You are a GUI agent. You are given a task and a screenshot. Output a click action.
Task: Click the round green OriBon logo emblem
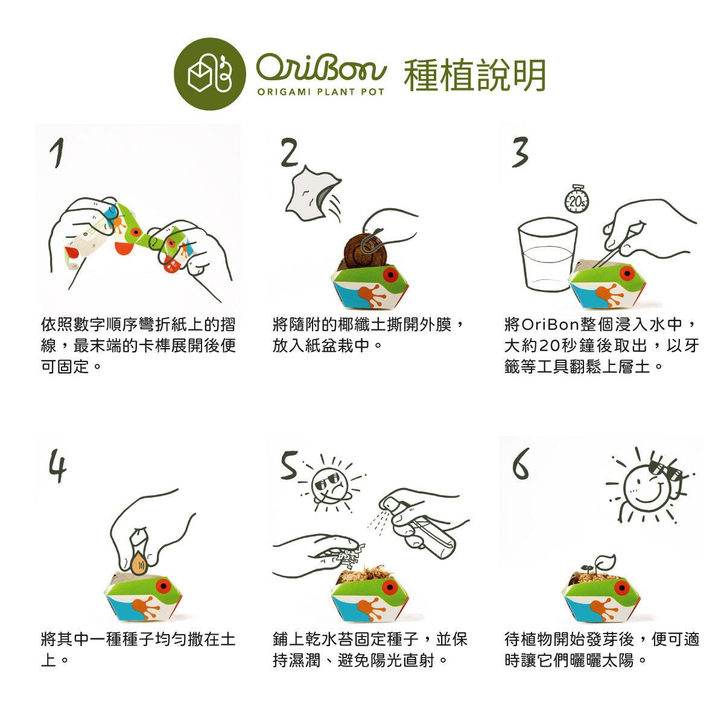pos(209,74)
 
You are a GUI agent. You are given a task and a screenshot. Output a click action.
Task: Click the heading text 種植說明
pos(475,75)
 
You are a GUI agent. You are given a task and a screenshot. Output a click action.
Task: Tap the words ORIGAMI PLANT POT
pos(321,92)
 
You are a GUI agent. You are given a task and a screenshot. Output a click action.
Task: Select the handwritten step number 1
pos(57,153)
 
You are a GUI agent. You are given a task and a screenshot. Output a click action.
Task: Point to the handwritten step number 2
pos(290,152)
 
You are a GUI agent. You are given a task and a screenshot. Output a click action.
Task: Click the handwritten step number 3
pos(520,152)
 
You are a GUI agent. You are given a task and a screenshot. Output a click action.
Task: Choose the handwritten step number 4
pos(57,466)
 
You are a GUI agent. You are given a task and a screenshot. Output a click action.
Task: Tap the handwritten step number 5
pos(290,466)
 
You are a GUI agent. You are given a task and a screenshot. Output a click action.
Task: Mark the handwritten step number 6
pos(521,463)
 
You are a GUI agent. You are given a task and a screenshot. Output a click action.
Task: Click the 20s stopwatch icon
pos(577,199)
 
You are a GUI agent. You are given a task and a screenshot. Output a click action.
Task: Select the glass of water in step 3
pos(547,255)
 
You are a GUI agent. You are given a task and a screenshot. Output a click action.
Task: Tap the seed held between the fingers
pos(139,563)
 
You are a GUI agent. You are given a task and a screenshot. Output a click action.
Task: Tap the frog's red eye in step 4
pos(164,586)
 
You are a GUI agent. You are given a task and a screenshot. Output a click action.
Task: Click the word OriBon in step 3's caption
pos(550,324)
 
